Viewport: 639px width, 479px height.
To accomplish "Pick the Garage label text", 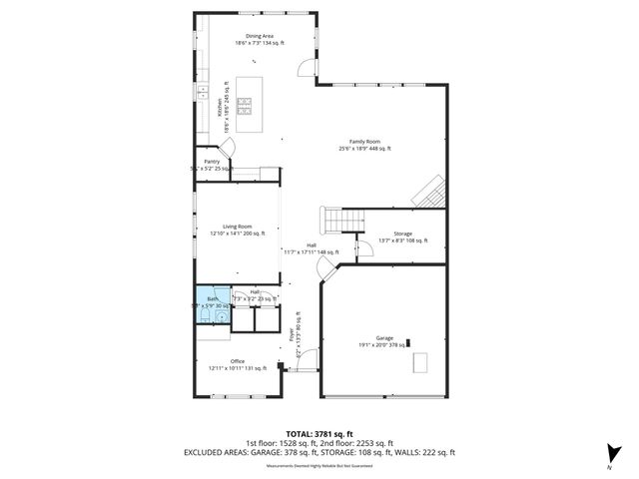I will (x=384, y=340).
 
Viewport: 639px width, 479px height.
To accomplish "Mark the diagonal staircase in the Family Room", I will (x=430, y=190).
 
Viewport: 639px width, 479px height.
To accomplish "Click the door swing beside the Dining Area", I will (x=304, y=69).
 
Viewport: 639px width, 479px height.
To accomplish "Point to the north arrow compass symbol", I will (x=610, y=452).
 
